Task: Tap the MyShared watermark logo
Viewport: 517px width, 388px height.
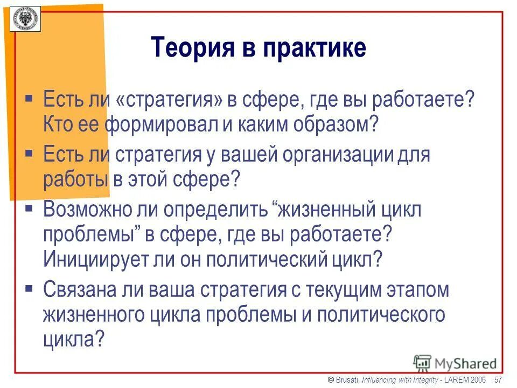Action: pos(456,363)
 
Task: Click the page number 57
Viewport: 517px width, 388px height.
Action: pos(498,380)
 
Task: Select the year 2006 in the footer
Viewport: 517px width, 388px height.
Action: pos(478,380)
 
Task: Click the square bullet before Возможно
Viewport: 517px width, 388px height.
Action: pos(30,207)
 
